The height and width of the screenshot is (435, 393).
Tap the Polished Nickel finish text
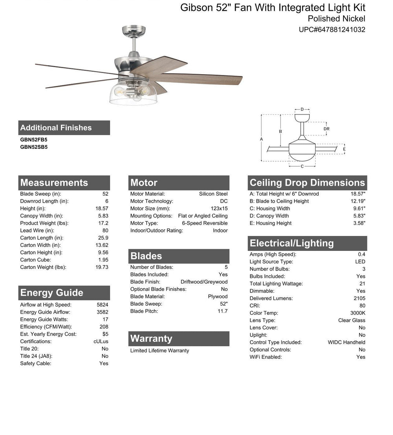pos(336,18)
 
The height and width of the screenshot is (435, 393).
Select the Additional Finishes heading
pos(56,128)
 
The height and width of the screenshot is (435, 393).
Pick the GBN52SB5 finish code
pos(34,147)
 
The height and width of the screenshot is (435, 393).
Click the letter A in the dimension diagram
pos(261,139)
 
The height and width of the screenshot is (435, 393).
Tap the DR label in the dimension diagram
pos(326,129)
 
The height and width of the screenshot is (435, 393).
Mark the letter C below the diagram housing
pos(302,166)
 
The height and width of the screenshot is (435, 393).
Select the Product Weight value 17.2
pos(103,223)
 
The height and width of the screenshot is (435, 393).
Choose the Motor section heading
pos(144,183)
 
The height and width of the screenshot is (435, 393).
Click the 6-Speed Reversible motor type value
pos(205,223)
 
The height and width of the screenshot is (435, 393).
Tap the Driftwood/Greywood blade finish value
pos(204,282)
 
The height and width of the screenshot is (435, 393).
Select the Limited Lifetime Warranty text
pos(160,351)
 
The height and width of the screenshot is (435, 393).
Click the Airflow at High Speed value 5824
pos(102,305)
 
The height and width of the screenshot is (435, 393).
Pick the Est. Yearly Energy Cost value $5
pos(105,334)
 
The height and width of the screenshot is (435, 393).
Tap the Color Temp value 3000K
pos(358,313)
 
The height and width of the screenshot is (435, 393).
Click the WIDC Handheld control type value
pos(346,342)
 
